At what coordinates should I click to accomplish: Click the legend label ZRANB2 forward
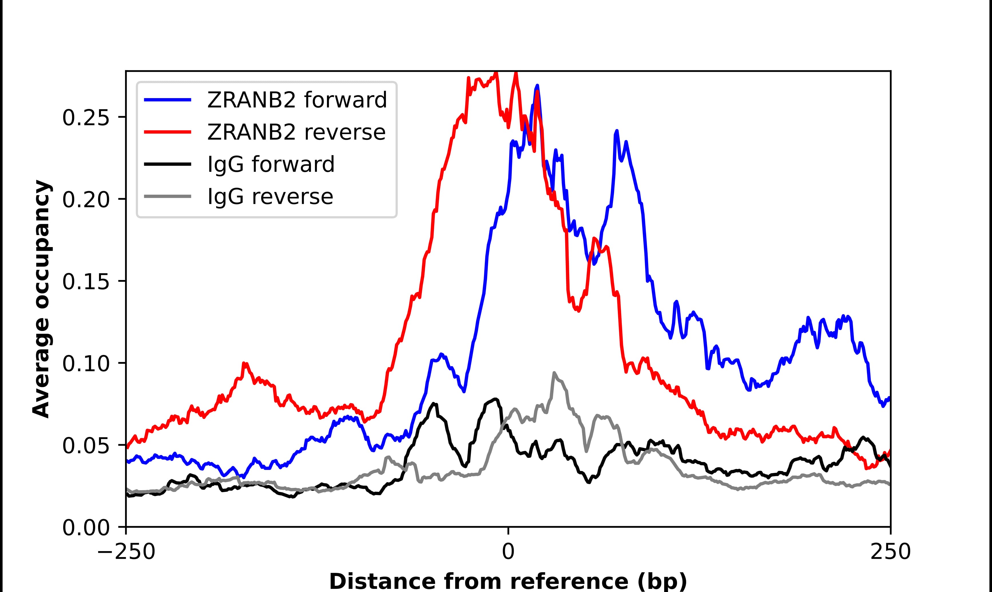coord(297,100)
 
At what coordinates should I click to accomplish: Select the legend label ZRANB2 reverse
coord(296,132)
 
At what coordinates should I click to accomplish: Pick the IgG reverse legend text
coord(270,197)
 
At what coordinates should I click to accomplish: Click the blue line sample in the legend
coord(168,100)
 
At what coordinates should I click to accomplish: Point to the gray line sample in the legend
coord(168,197)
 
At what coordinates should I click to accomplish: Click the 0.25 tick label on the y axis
coord(86,118)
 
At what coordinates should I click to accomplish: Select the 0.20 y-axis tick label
coord(86,200)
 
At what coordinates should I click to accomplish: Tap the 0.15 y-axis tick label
coord(86,282)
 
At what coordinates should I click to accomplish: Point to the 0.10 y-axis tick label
coord(86,364)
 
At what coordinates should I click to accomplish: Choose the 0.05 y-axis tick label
coord(86,446)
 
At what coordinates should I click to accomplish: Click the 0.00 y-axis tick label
coord(86,528)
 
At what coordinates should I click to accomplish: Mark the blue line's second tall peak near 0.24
coord(617,131)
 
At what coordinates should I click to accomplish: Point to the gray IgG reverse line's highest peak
coord(554,373)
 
